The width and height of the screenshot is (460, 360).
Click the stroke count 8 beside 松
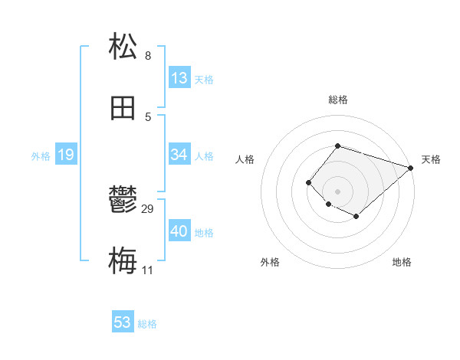pos(148,55)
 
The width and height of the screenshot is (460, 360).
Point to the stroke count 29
pos(148,208)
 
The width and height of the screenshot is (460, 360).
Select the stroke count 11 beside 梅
pos(148,270)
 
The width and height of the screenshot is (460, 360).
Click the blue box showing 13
pos(179,77)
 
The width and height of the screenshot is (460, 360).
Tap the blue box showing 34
pos(179,155)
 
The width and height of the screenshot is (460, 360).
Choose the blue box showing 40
pos(179,231)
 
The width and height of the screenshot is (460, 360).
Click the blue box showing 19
pos(66,155)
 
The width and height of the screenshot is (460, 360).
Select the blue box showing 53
pos(123,322)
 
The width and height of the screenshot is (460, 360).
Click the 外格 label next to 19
pos(41,155)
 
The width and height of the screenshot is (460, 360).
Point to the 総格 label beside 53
pos(147,324)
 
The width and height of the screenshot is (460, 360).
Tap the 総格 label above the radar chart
pos(337,100)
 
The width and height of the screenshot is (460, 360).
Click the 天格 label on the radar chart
pos(432,159)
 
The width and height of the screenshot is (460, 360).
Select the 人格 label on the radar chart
pos(245,159)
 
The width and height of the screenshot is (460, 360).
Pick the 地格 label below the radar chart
pos(402,262)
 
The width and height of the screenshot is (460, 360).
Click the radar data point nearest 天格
pos(412,168)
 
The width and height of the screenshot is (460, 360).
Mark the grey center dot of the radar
pos(337,191)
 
